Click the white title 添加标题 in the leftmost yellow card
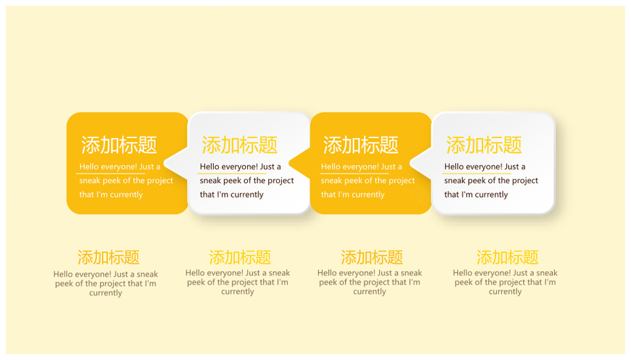[x=119, y=145]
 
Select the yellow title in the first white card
[x=239, y=145]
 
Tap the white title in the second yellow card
[x=361, y=145]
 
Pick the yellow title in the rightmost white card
[x=484, y=145]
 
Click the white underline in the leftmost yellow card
[x=110, y=174]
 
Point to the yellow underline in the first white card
[x=231, y=174]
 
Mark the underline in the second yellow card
[x=354, y=174]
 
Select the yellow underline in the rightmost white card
[x=477, y=174]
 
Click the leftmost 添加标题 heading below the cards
[x=108, y=258]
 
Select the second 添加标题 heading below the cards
[x=240, y=258]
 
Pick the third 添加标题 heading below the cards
[x=372, y=258]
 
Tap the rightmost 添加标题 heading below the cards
[x=507, y=258]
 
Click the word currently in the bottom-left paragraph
[x=105, y=293]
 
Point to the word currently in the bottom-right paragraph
[x=505, y=292]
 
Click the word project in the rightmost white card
[x=525, y=181]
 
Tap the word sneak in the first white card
[x=210, y=181]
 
